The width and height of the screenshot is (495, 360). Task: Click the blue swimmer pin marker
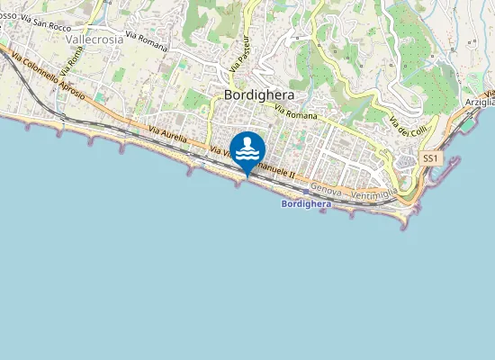click(247, 150)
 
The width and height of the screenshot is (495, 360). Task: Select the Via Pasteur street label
click(238, 52)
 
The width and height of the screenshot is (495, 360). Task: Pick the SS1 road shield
click(430, 158)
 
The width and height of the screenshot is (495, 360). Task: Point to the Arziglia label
click(480, 103)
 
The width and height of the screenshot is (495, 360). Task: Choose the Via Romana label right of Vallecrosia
click(146, 41)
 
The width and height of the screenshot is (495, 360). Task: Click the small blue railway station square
click(306, 191)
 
